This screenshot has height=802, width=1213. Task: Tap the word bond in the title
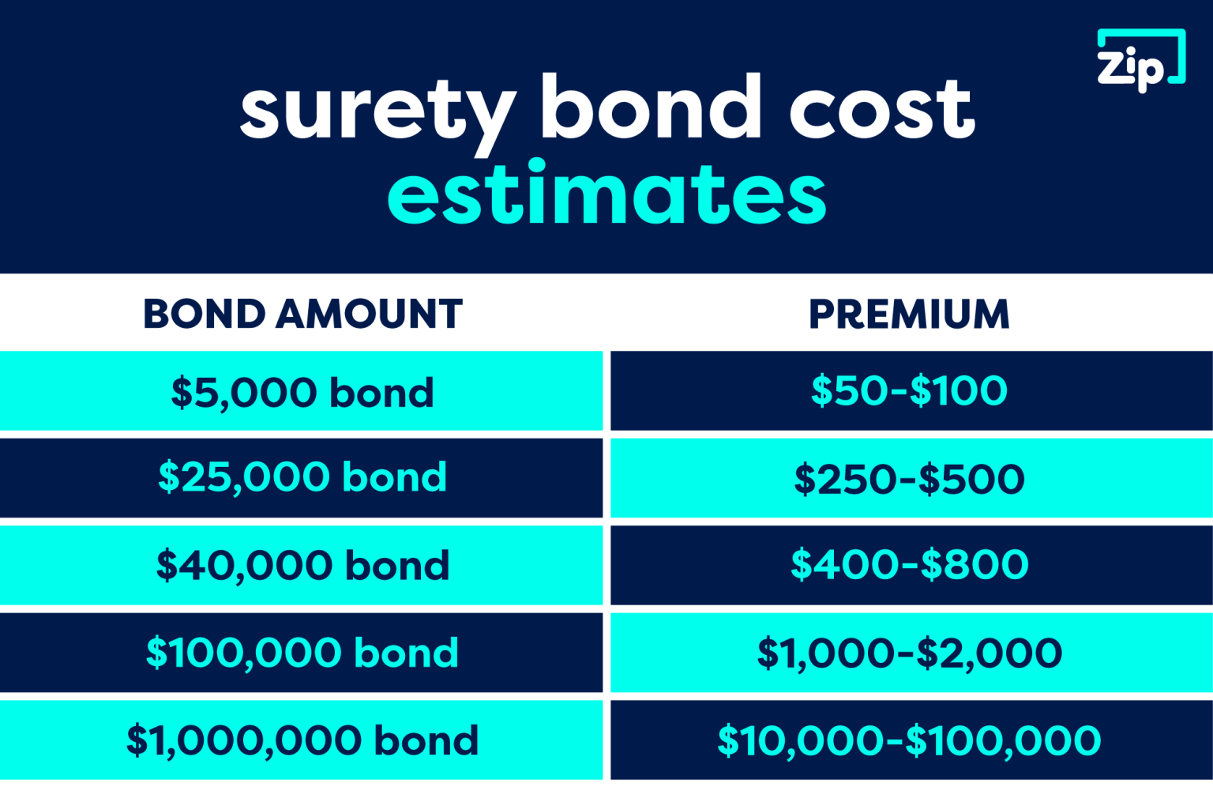(650, 107)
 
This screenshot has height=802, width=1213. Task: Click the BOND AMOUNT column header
(302, 314)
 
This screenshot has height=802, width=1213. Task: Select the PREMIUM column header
(909, 314)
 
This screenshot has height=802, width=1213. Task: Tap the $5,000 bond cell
(302, 392)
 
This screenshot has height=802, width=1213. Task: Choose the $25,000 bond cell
(302, 477)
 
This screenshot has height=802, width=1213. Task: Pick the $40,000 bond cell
(302, 565)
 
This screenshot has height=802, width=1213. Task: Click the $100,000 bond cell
(302, 653)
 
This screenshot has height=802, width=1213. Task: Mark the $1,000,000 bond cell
(302, 740)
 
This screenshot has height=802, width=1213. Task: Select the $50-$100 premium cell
(909, 390)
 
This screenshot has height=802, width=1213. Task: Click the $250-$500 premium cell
(909, 479)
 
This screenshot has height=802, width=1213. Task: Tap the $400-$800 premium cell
(909, 564)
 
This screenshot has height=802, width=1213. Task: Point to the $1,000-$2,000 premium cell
(909, 653)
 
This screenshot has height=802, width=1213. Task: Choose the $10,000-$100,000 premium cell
(909, 740)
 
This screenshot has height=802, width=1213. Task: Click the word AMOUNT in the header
(369, 314)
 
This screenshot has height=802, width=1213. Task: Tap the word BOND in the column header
(204, 314)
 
